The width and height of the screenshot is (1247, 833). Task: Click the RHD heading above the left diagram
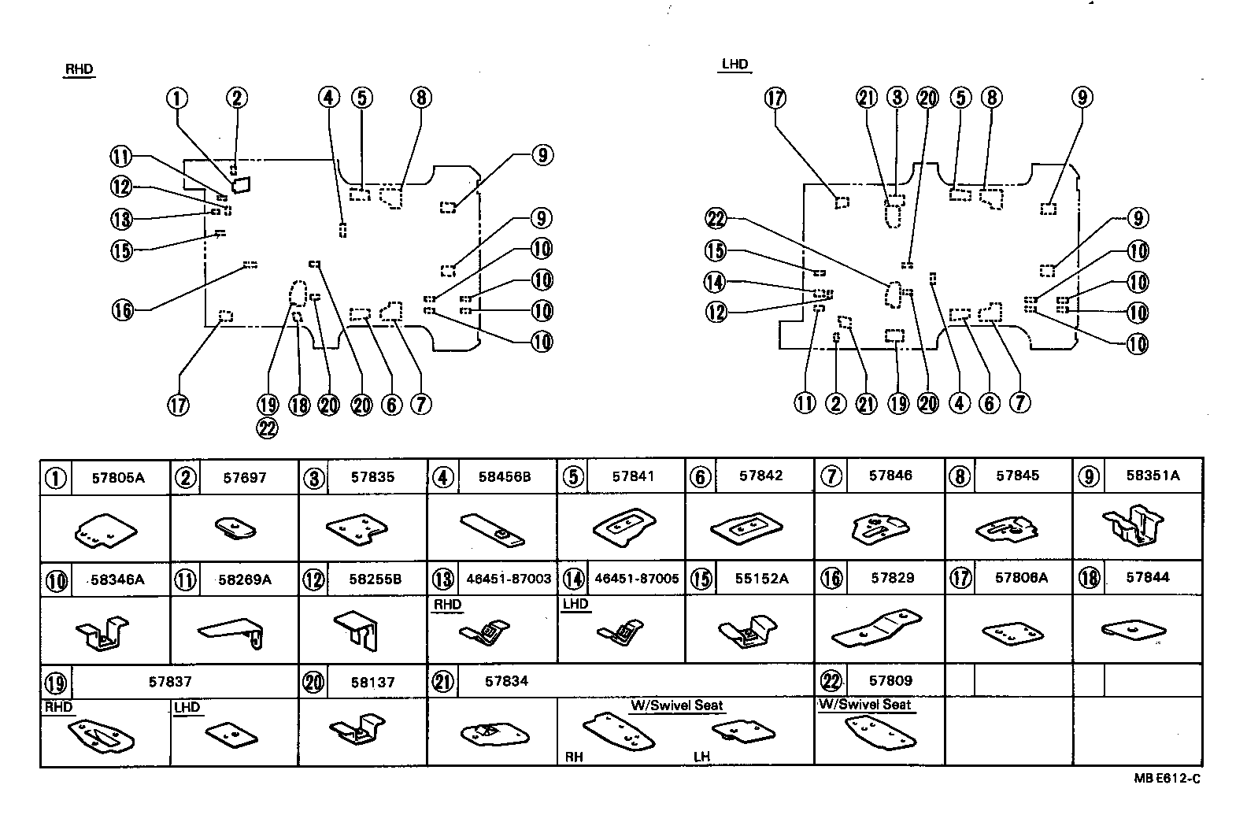(x=79, y=69)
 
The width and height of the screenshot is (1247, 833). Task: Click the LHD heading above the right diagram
(x=735, y=65)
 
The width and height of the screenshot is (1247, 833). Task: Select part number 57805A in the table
(x=118, y=477)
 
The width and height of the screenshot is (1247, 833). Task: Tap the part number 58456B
(x=505, y=477)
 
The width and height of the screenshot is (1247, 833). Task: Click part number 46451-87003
(x=509, y=579)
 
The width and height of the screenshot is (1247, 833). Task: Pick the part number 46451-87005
(x=636, y=579)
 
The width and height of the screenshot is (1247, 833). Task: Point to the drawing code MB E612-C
(x=1167, y=779)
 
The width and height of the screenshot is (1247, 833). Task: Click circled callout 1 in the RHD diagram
(x=177, y=98)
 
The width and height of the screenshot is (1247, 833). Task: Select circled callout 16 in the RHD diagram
(x=123, y=310)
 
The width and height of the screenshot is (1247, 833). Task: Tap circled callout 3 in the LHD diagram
(x=897, y=98)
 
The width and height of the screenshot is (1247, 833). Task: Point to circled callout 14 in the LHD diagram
(x=716, y=282)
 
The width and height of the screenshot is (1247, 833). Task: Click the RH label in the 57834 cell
(x=574, y=757)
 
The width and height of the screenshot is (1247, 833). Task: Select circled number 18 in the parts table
(x=1089, y=578)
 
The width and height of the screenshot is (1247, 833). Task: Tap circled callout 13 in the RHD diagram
(x=121, y=219)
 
